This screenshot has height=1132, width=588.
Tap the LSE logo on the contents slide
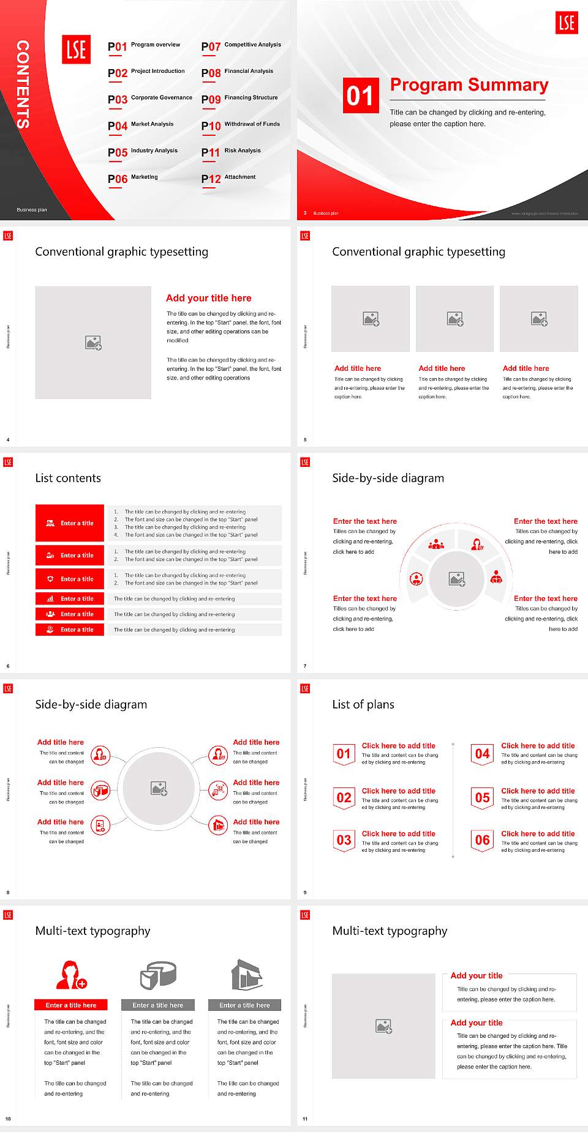pyautogui.click(x=76, y=50)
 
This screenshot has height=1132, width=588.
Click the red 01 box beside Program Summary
pyautogui.click(x=360, y=95)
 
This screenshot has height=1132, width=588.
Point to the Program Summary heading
pyautogui.click(x=469, y=85)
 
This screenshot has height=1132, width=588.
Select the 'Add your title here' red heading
pyautogui.click(x=208, y=298)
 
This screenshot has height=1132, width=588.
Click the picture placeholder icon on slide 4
pyautogui.click(x=93, y=343)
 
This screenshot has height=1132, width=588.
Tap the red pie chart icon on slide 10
pyautogui.click(x=158, y=975)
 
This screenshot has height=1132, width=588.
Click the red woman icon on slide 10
pyautogui.click(x=70, y=975)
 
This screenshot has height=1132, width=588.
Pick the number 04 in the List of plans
pyautogui.click(x=482, y=754)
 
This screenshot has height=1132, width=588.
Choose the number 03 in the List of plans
pyautogui.click(x=344, y=841)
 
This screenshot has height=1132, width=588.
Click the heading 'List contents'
pyautogui.click(x=68, y=478)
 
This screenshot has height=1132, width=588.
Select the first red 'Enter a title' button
pyautogui.click(x=70, y=523)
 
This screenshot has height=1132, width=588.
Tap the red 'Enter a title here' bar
pyautogui.click(x=70, y=1005)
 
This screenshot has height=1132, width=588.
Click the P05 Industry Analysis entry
pyautogui.click(x=143, y=152)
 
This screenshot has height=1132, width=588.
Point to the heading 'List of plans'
pyautogui.click(x=363, y=704)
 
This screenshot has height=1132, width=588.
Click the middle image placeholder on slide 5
pyautogui.click(x=454, y=319)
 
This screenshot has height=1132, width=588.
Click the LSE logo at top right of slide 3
pyautogui.click(x=567, y=23)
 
